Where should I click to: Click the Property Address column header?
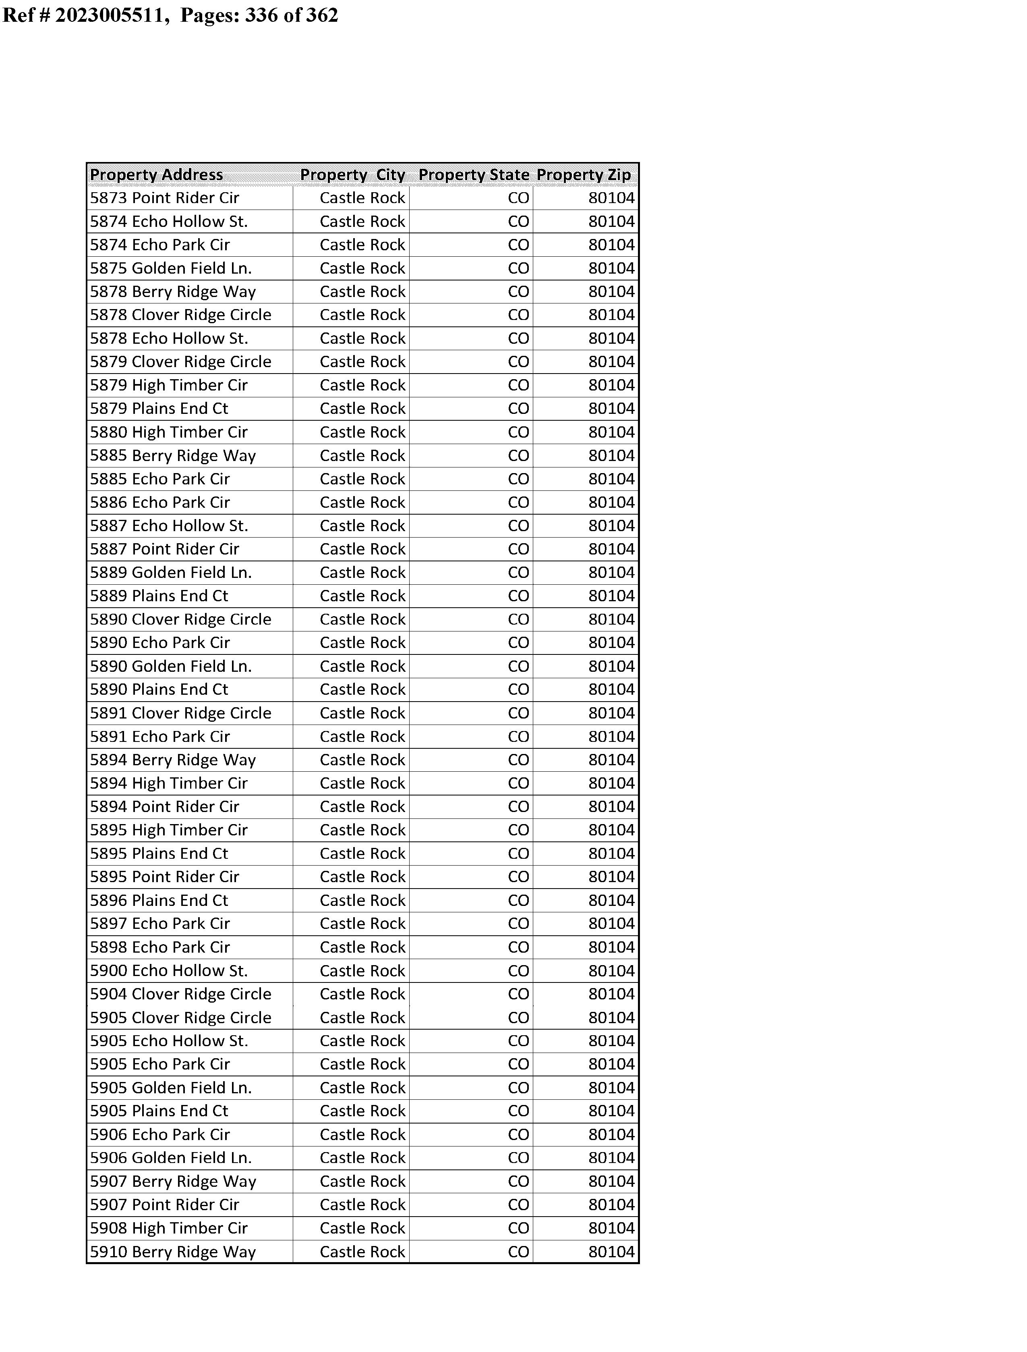tap(157, 175)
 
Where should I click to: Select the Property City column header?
tap(353, 175)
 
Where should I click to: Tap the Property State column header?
tap(474, 175)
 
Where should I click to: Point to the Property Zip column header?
tap(584, 175)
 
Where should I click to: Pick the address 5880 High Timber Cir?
tap(169, 432)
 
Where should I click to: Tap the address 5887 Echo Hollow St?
tap(169, 526)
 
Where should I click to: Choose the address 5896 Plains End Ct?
tap(159, 901)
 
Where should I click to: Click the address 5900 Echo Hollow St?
tap(169, 971)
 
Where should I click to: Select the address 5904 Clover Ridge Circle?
tap(180, 994)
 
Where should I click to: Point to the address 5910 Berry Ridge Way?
tap(173, 1252)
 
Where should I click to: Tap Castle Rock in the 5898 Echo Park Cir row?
tap(362, 948)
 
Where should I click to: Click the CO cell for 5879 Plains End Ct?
tap(518, 409)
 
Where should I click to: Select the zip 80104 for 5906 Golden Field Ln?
tap(611, 1158)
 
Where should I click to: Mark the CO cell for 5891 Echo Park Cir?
tap(518, 737)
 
